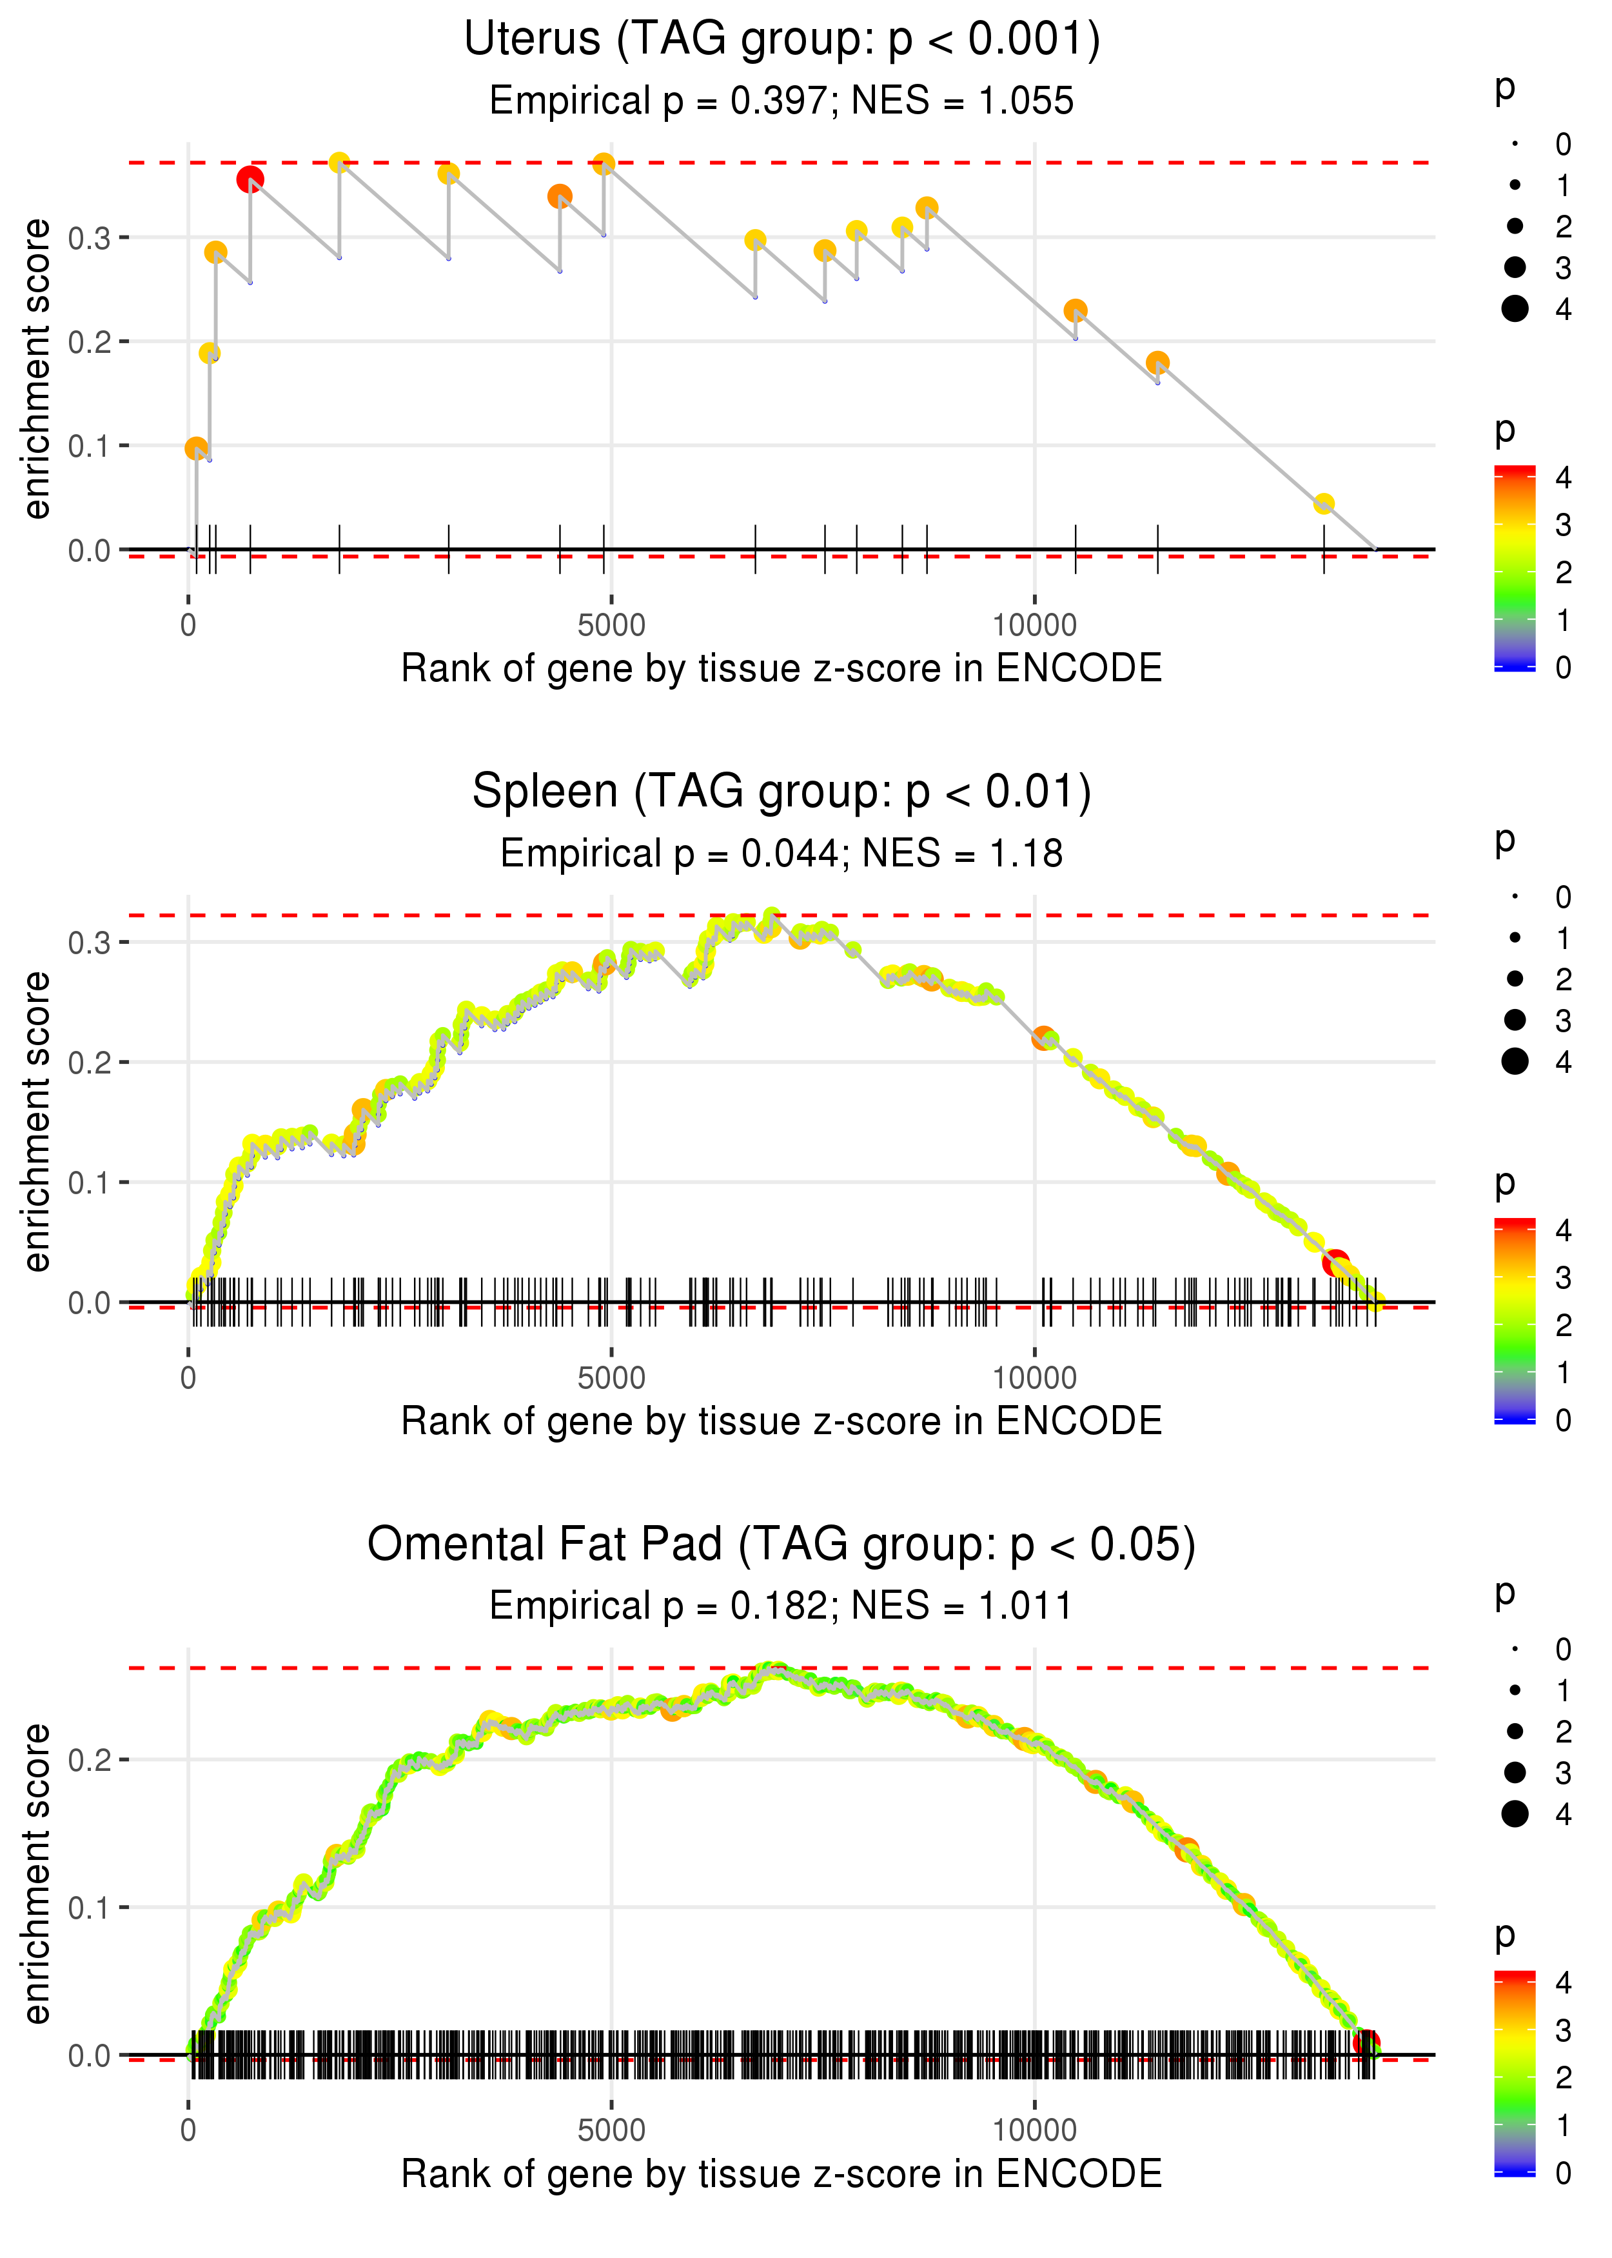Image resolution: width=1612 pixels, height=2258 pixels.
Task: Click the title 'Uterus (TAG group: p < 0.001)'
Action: click(781, 40)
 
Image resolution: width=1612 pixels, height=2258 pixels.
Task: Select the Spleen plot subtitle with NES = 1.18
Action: click(781, 853)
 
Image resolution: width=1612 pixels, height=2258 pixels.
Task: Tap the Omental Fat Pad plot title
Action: click(781, 1544)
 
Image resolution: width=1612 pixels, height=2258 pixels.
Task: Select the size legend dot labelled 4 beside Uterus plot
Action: click(1515, 309)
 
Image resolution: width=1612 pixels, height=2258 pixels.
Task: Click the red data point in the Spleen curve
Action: click(1336, 1263)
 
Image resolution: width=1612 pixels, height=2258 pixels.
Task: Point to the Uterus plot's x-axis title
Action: click(781, 668)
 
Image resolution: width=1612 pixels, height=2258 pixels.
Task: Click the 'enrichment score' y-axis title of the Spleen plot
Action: click(37, 1121)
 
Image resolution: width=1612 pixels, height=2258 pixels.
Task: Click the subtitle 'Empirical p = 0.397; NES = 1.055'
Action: click(781, 100)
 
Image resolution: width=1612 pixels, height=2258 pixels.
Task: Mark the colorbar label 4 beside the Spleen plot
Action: click(1564, 1230)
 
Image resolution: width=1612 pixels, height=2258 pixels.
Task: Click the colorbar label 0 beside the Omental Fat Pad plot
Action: click(1564, 2173)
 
